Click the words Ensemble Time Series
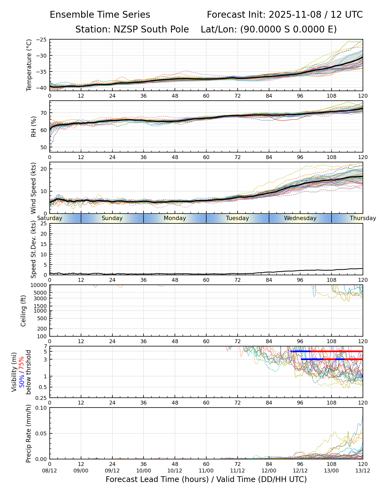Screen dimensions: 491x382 pos(100,15)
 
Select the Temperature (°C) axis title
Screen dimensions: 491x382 pos(29,65)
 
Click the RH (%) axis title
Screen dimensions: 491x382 pos(34,126)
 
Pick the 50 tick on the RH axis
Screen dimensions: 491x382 pos(44,147)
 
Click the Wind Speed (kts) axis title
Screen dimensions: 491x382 pos(34,188)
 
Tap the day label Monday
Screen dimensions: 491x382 pos(175,218)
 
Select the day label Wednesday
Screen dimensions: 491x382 pos(300,218)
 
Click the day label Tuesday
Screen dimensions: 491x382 pos(237,218)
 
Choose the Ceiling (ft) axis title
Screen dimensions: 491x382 pos(23,311)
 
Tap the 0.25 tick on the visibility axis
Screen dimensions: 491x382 pos(42,398)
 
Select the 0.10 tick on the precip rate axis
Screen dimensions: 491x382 pos(42,408)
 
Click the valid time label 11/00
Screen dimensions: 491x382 pos(206,471)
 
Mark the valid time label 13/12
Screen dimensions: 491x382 pos(363,471)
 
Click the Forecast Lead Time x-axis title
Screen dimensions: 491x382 pos(206,480)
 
